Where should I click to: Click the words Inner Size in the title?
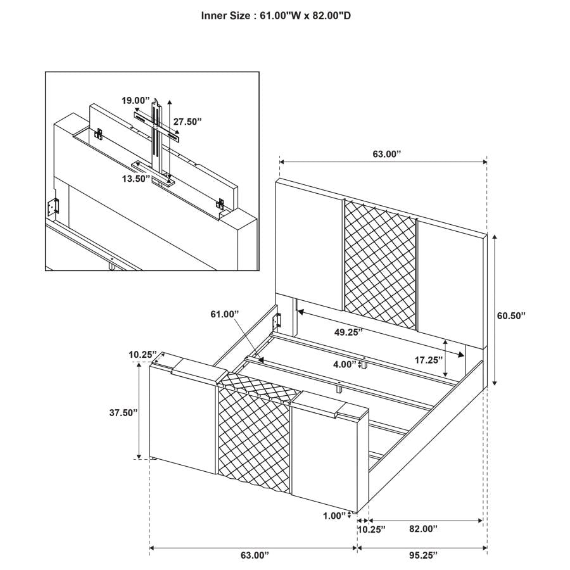pyautogui.click(x=225, y=15)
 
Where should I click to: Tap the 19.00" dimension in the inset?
pyautogui.click(x=137, y=100)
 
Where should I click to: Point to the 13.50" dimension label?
pyautogui.click(x=136, y=179)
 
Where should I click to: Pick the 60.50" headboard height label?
pyautogui.click(x=511, y=315)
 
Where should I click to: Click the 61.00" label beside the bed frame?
pyautogui.click(x=225, y=313)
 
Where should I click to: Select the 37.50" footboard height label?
pyautogui.click(x=123, y=412)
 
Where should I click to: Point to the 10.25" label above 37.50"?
pyautogui.click(x=143, y=355)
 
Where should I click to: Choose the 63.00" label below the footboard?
pyautogui.click(x=255, y=555)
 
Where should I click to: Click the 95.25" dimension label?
pyautogui.click(x=421, y=555)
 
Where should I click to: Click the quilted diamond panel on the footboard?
pyautogui.click(x=253, y=437)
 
